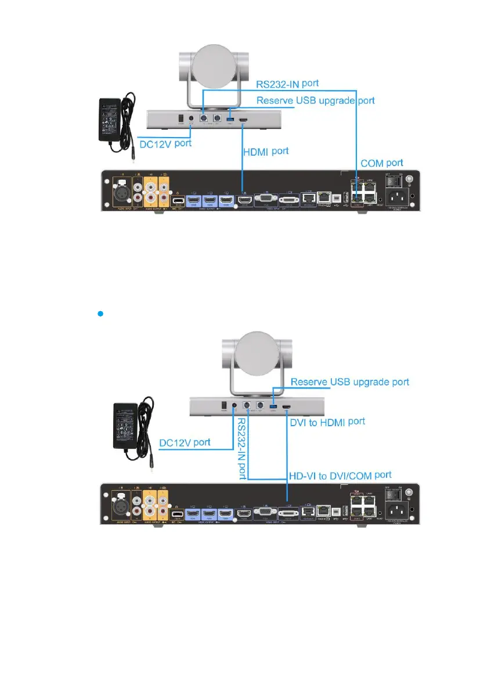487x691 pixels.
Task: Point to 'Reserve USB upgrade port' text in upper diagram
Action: tap(316, 100)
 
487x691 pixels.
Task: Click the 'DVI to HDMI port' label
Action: tap(327, 422)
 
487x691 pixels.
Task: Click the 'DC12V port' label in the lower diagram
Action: tap(186, 443)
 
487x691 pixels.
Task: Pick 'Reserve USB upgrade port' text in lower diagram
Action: tap(349, 382)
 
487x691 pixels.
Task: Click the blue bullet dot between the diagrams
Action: tap(100, 313)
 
